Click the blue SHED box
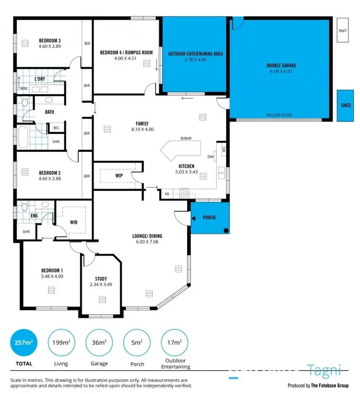click(345, 105)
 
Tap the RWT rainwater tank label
click(343, 31)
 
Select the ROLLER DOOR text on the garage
click(279, 115)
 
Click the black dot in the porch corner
click(225, 230)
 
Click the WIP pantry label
click(119, 176)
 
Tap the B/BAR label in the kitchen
click(186, 139)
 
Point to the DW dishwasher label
click(210, 157)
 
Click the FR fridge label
click(167, 194)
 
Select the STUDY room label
click(101, 279)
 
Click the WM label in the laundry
click(23, 88)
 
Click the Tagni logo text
click(324, 370)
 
